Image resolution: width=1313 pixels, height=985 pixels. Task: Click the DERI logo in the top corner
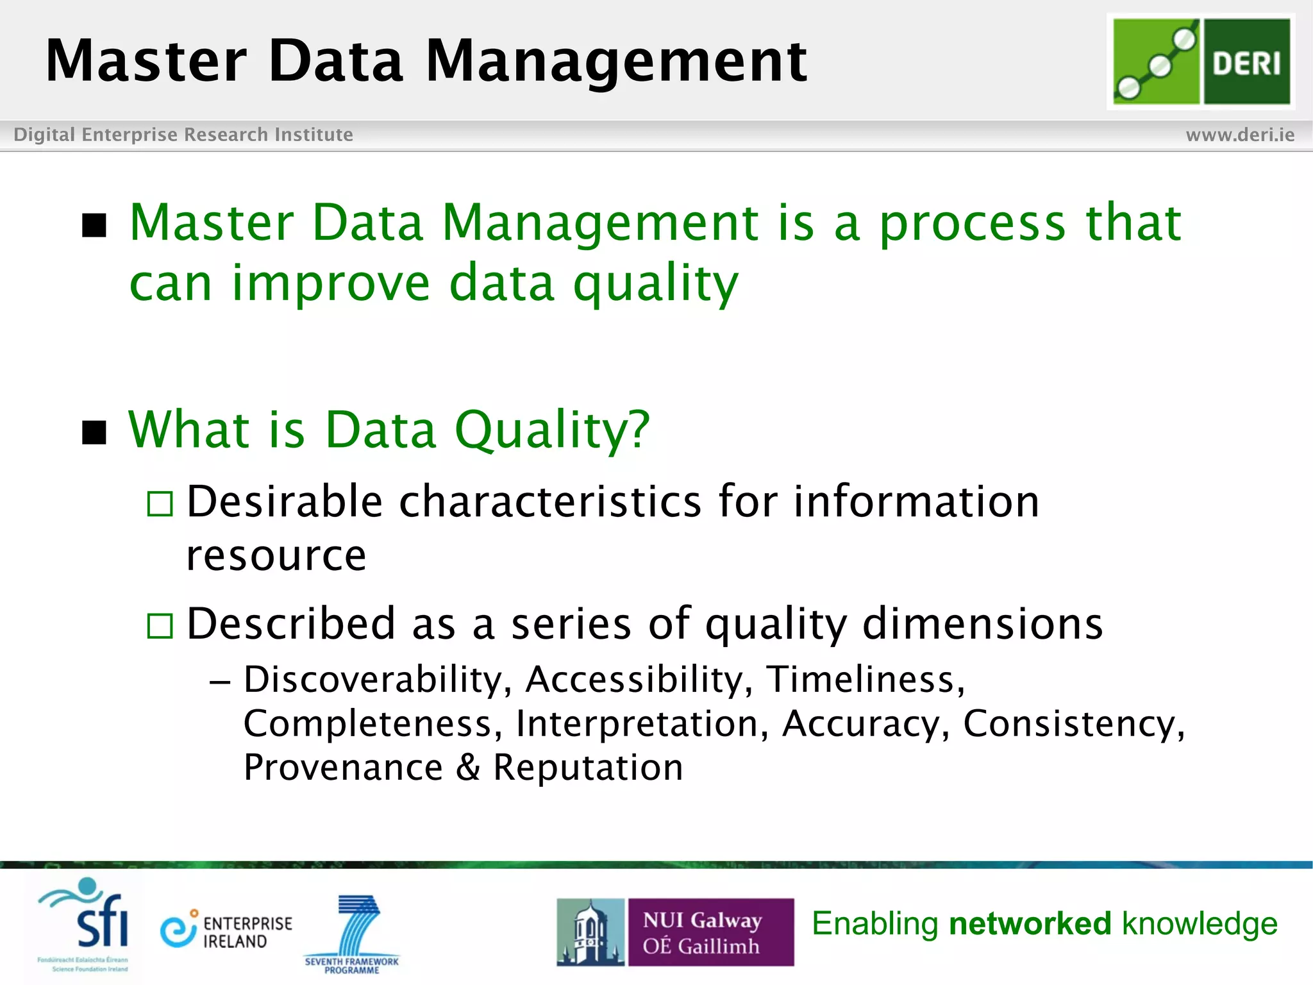tap(1201, 62)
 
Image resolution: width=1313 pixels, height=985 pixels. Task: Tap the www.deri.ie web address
tap(1239, 135)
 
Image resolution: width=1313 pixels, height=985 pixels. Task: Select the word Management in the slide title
tap(615, 61)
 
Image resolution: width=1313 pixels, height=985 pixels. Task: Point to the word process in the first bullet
tap(972, 223)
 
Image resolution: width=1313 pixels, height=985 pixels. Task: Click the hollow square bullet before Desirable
tap(160, 504)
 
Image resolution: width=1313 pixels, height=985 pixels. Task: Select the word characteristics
tap(550, 501)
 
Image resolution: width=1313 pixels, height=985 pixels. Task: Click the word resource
tap(276, 555)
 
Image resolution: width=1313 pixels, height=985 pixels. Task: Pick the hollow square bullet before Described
tap(160, 626)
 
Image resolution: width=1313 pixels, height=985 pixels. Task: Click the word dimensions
tap(982, 623)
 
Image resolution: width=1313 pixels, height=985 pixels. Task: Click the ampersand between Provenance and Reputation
tap(468, 768)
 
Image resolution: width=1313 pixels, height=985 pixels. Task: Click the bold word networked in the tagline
tap(1030, 924)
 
